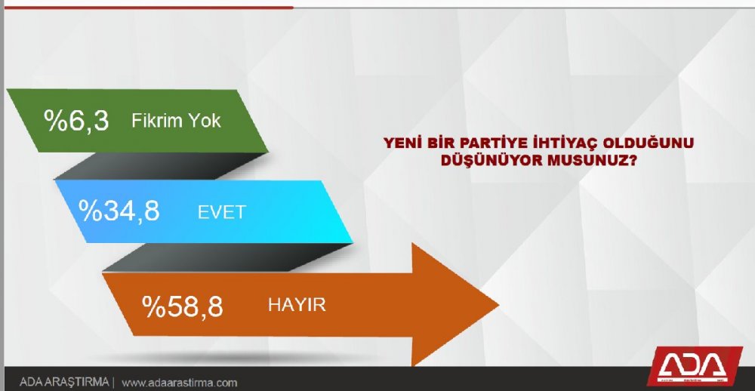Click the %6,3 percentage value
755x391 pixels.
76,120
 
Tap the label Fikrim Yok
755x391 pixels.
176,120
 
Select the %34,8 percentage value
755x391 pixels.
119,211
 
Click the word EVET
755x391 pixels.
222,212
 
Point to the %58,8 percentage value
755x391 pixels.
183,306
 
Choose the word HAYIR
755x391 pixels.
297,304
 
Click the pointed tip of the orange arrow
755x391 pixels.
498,305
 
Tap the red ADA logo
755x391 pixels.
693,367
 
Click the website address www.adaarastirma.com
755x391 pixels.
179,383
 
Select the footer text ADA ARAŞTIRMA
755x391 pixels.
64,383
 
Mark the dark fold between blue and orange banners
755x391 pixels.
226,257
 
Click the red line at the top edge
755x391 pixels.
147,8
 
